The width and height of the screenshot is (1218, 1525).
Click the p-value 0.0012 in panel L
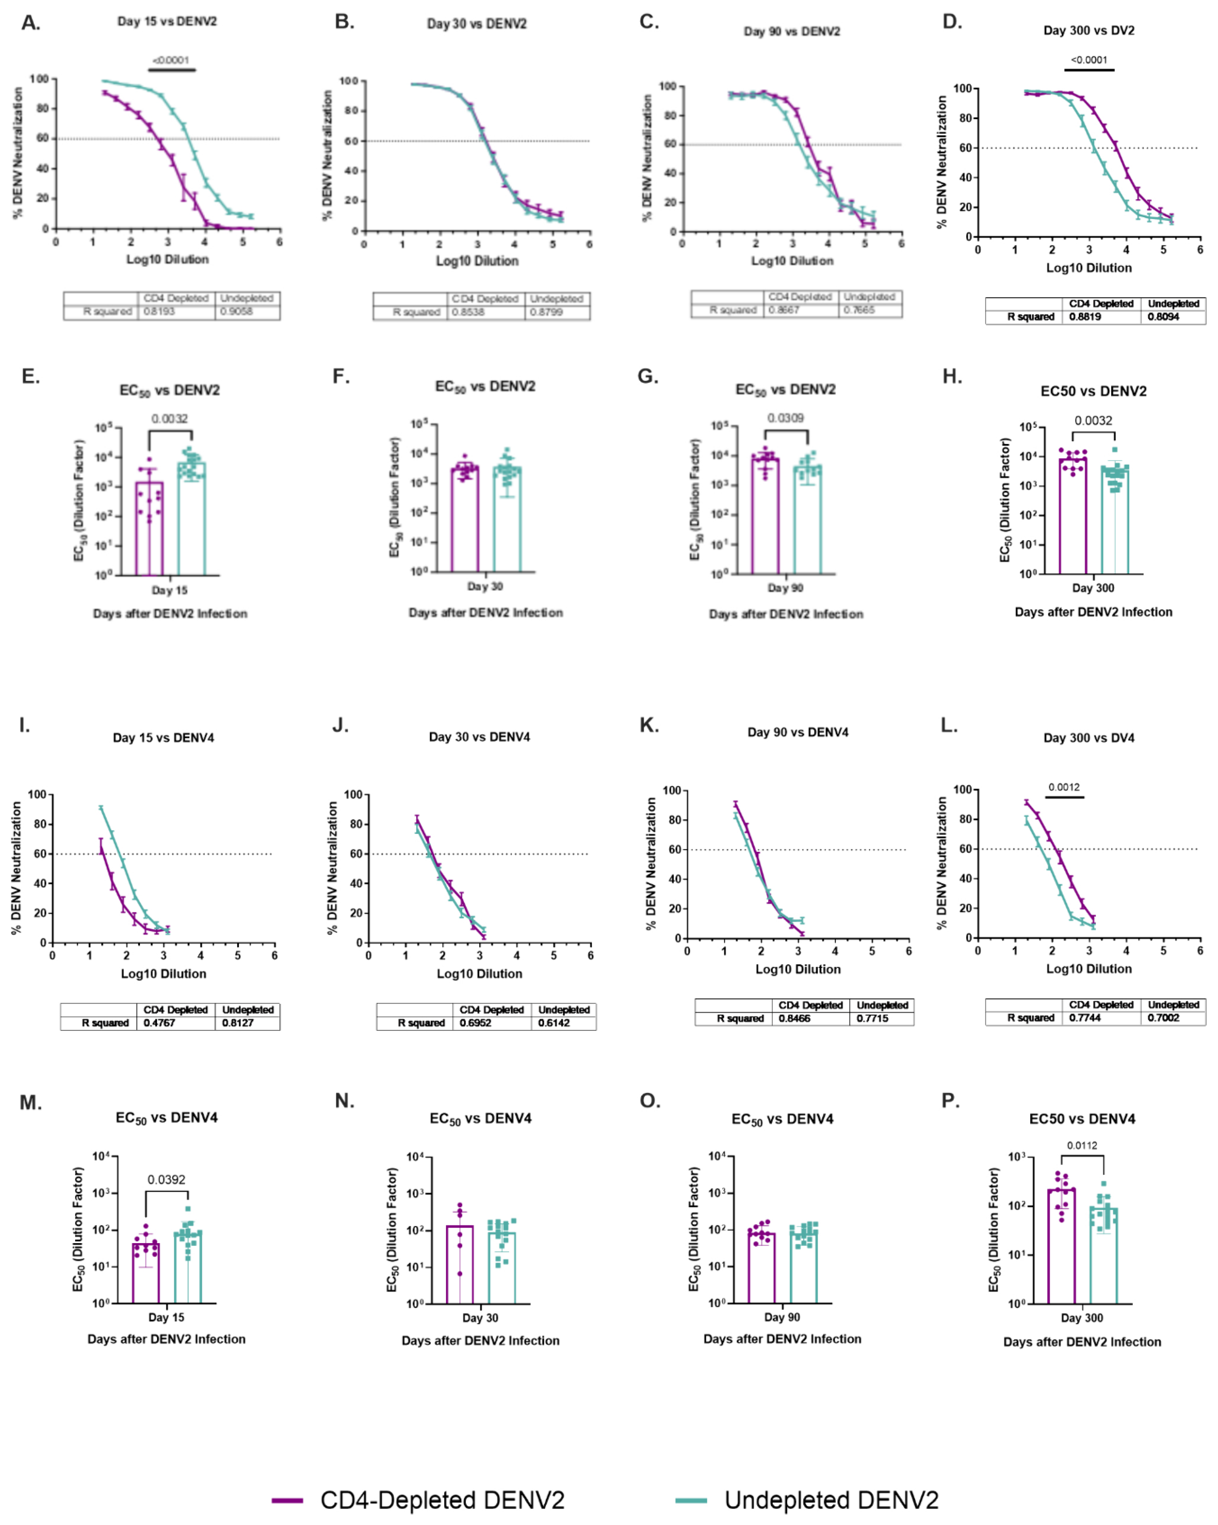point(1064,787)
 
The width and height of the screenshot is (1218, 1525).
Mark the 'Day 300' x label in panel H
point(1093,588)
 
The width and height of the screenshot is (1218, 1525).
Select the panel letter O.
point(649,1101)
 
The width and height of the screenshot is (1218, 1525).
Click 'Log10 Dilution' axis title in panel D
point(1089,268)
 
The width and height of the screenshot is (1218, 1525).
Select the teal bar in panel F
point(507,520)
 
